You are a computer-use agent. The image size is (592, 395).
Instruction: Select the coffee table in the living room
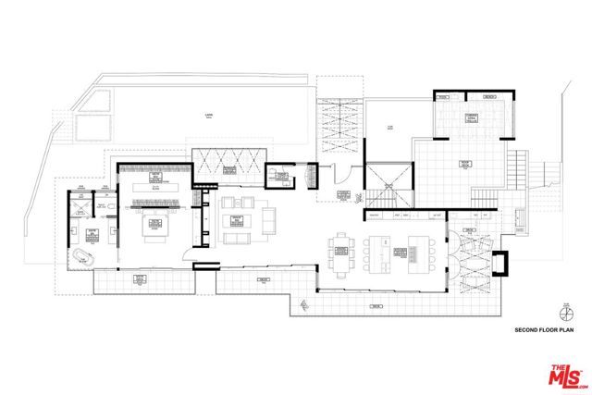pos(235,219)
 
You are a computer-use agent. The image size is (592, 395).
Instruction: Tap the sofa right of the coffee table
pos(269,220)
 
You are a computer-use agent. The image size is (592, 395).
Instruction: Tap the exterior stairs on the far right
pos(482,196)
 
